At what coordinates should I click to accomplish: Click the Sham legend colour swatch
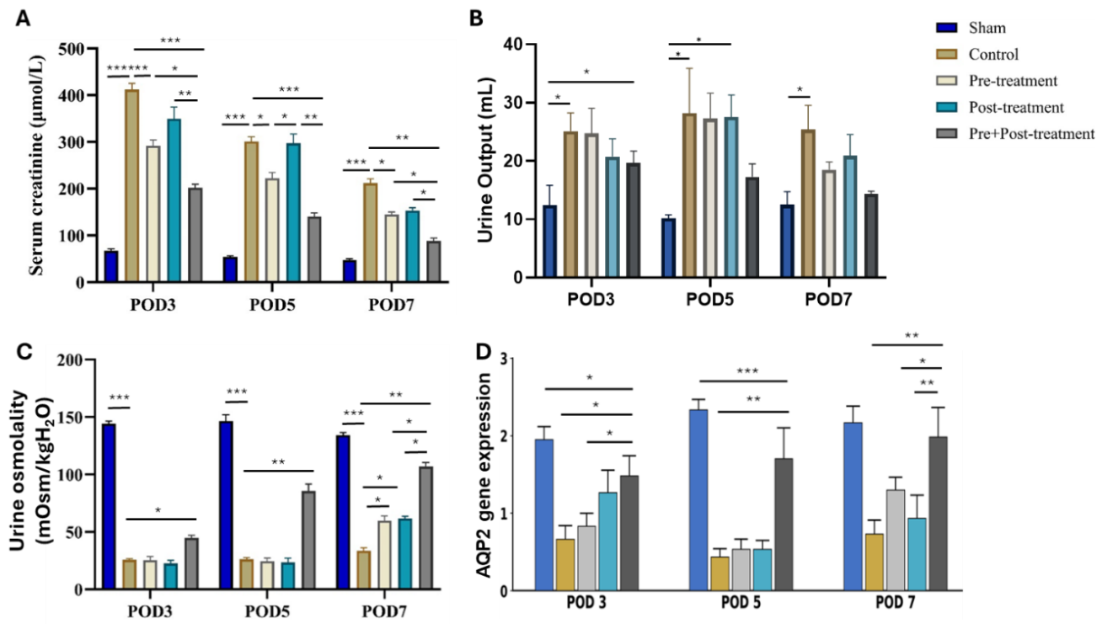pyautogui.click(x=946, y=28)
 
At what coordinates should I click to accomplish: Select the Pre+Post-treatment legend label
pyautogui.click(x=1031, y=134)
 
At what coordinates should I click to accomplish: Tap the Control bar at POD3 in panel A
pyautogui.click(x=131, y=186)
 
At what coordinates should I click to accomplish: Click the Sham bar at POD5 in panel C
pyautogui.click(x=227, y=505)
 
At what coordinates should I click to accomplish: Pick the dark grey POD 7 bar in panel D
pyautogui.click(x=939, y=514)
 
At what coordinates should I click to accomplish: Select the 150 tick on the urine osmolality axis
pyautogui.click(x=70, y=417)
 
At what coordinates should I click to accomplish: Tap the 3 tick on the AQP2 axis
pyautogui.click(x=504, y=359)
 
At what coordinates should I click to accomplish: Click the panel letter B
pyautogui.click(x=476, y=19)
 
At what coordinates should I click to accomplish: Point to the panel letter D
pyautogui.click(x=484, y=352)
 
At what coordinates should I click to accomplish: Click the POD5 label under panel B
pyautogui.click(x=710, y=300)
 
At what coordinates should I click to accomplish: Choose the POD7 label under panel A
pyautogui.click(x=392, y=305)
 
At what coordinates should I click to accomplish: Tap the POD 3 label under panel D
pyautogui.click(x=586, y=602)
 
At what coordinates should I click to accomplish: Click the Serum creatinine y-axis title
pyautogui.click(x=36, y=165)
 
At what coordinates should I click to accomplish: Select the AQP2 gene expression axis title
pyautogui.click(x=484, y=475)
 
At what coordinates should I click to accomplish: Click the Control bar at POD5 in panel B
pyautogui.click(x=690, y=195)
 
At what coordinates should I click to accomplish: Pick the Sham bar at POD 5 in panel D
pyautogui.click(x=698, y=499)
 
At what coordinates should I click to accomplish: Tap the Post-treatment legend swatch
pyautogui.click(x=946, y=107)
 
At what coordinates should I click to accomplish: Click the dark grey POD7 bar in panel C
pyautogui.click(x=426, y=528)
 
